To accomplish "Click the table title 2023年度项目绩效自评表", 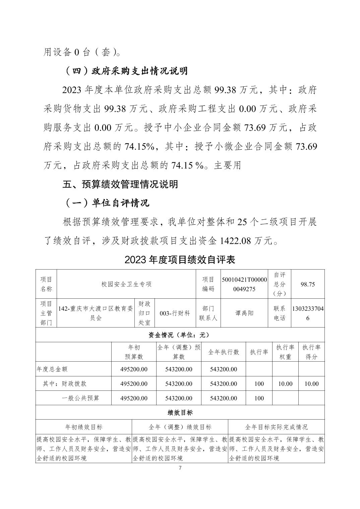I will pos(180,260).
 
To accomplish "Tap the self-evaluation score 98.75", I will pos(308,284).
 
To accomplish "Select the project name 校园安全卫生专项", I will pos(126,284).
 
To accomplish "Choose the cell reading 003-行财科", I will pos(175,313).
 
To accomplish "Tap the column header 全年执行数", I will pos(224,352).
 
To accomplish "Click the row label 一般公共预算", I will pos(80,398).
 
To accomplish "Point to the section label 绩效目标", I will pos(180,413).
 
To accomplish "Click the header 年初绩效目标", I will pos(84,427).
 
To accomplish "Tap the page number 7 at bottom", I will pos(180,468).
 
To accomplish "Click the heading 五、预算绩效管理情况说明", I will pos(120,184).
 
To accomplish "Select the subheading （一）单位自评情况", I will pos(106,203).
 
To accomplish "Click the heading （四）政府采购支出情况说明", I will pos(125,71).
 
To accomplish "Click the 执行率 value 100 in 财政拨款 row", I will pos(259,384).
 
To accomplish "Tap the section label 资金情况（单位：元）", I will pos(180,335).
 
